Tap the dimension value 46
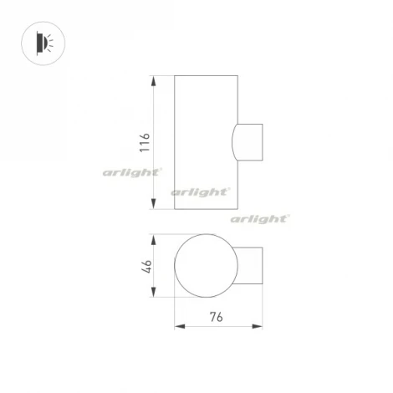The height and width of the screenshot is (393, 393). point(145,267)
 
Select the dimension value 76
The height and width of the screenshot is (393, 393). point(215,317)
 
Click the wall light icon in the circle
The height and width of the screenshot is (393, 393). point(42,41)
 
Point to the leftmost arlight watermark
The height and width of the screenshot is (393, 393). point(131,172)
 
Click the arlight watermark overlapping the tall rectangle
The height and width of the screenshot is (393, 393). point(201,191)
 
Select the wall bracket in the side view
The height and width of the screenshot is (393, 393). point(249,142)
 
